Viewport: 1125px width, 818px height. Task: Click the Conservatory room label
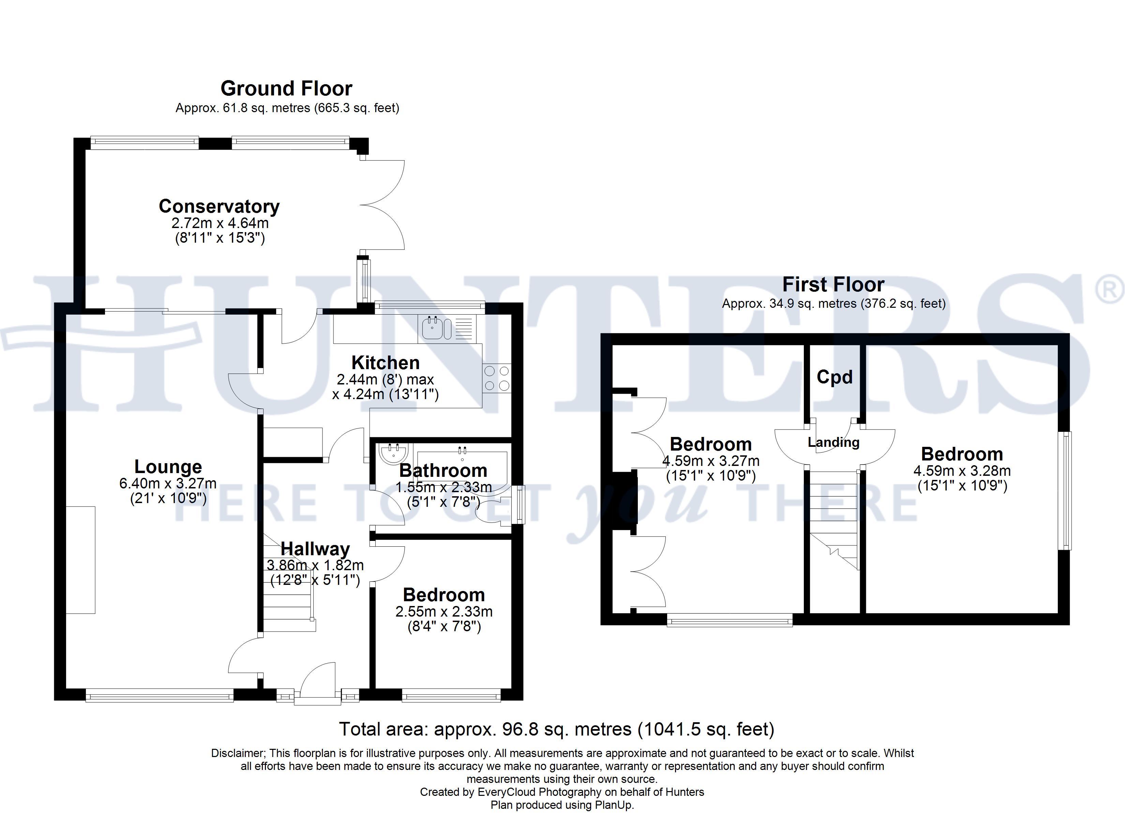point(219,206)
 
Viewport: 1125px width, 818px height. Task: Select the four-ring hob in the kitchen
point(496,378)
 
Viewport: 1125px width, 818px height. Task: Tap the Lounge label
point(168,467)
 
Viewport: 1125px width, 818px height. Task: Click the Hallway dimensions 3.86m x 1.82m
point(315,565)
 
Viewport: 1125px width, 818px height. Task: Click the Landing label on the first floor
point(833,442)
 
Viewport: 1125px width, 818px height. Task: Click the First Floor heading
point(833,285)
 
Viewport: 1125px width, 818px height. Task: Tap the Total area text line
point(557,729)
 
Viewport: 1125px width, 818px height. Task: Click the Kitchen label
point(386,363)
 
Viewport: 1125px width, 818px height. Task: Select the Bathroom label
point(443,470)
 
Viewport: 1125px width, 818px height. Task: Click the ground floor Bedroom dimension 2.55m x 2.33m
point(444,612)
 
